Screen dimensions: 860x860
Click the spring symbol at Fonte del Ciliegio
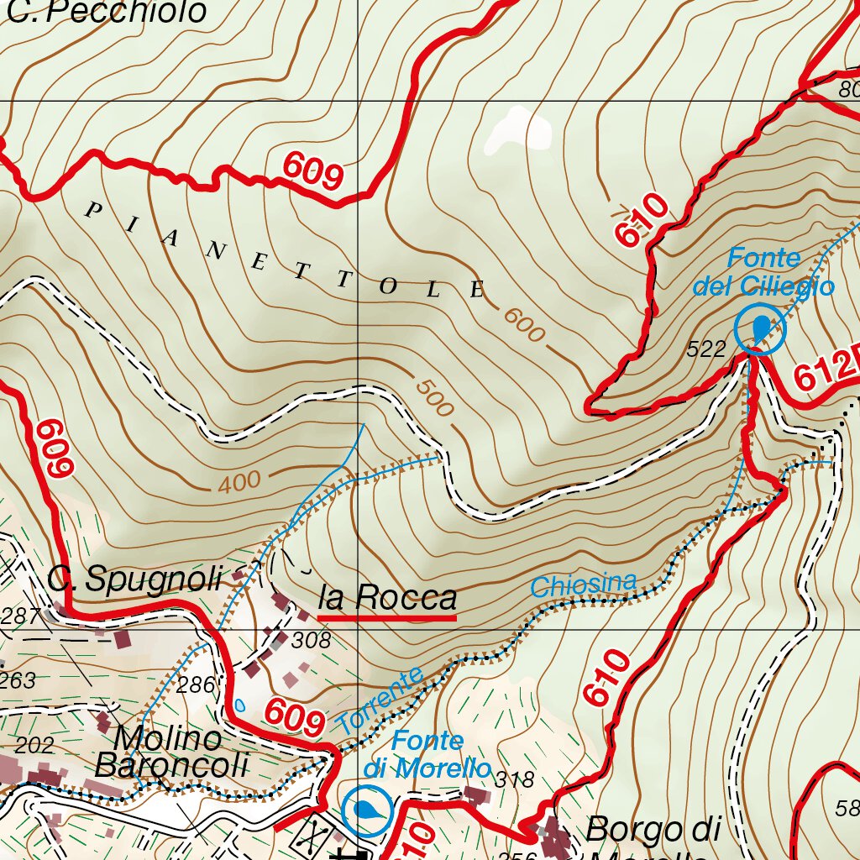pos(760,328)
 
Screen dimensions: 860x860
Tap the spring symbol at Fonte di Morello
pos(366,810)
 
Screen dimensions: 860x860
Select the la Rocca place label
pos(387,598)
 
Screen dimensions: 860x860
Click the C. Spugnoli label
pos(134,579)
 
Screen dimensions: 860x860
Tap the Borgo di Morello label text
pos(653,831)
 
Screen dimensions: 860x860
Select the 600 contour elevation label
pos(524,324)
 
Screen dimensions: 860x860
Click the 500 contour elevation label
pos(434,399)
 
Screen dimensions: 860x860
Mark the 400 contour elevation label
pos(239,483)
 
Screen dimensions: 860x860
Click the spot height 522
pos(705,350)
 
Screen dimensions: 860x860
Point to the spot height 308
pos(311,641)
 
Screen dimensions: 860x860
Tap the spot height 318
pos(514,779)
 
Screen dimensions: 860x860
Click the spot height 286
pos(197,684)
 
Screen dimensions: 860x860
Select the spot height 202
pos(34,745)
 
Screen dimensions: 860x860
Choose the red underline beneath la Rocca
pos(387,618)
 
